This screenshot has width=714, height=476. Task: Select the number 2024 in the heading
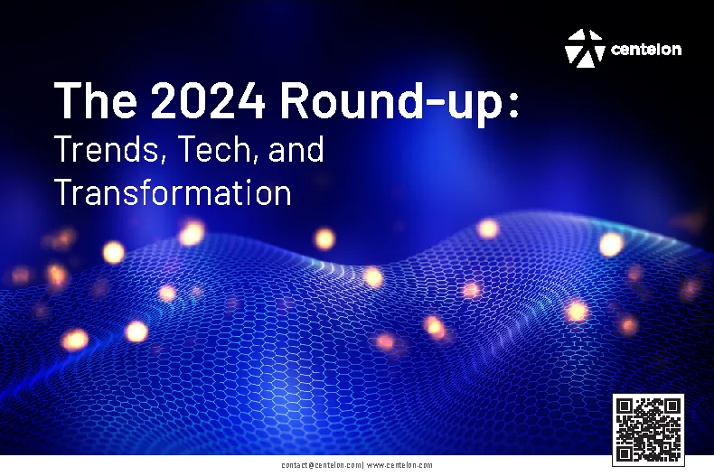(x=209, y=100)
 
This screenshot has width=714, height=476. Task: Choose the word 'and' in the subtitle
(x=296, y=149)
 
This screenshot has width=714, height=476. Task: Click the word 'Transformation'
(x=173, y=193)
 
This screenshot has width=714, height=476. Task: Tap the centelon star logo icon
(x=585, y=48)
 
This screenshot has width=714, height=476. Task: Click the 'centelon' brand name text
(x=646, y=50)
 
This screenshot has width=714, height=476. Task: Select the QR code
(x=648, y=429)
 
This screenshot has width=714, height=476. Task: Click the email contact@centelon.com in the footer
(x=321, y=465)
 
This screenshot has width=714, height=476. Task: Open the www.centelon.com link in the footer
(x=399, y=465)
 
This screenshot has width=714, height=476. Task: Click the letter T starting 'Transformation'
(x=63, y=193)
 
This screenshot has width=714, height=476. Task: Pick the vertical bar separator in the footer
(x=362, y=465)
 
